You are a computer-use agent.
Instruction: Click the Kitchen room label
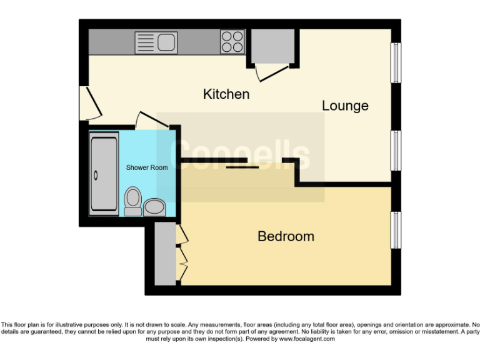pyautogui.click(x=226, y=94)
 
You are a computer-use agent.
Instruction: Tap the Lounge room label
pyautogui.click(x=345, y=106)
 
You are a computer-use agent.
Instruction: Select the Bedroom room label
pyautogui.click(x=286, y=236)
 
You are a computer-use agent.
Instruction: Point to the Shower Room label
pyautogui.click(x=147, y=167)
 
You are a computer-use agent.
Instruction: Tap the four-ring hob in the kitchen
pyautogui.click(x=232, y=42)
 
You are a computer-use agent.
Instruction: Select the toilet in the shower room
pyautogui.click(x=132, y=201)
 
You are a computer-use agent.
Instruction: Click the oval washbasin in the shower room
pyautogui.click(x=154, y=207)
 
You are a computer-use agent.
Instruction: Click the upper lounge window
pyautogui.click(x=396, y=62)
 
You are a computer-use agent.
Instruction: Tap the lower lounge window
pyautogui.click(x=396, y=150)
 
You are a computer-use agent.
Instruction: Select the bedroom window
pyautogui.click(x=396, y=230)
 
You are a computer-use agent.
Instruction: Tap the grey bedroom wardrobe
pyautogui.click(x=165, y=253)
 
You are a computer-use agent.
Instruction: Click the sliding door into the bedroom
pyautogui.click(x=242, y=166)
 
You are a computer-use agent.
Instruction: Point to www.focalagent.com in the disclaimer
pyautogui.click(x=306, y=339)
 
